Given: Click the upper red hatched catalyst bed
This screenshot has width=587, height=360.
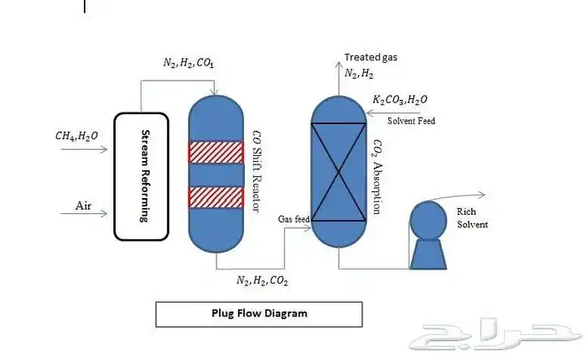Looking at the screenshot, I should [216, 152].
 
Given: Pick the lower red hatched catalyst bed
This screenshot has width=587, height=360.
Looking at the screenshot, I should [216, 197].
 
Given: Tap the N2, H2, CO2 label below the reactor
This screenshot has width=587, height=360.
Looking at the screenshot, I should [262, 280].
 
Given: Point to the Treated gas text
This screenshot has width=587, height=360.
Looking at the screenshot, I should [371, 58].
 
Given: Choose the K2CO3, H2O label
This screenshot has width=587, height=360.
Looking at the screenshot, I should [401, 102].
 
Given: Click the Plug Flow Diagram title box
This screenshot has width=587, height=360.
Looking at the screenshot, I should [259, 314].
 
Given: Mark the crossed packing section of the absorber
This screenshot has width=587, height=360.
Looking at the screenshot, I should [339, 172].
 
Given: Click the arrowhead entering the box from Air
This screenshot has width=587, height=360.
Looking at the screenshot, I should [107, 214].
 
